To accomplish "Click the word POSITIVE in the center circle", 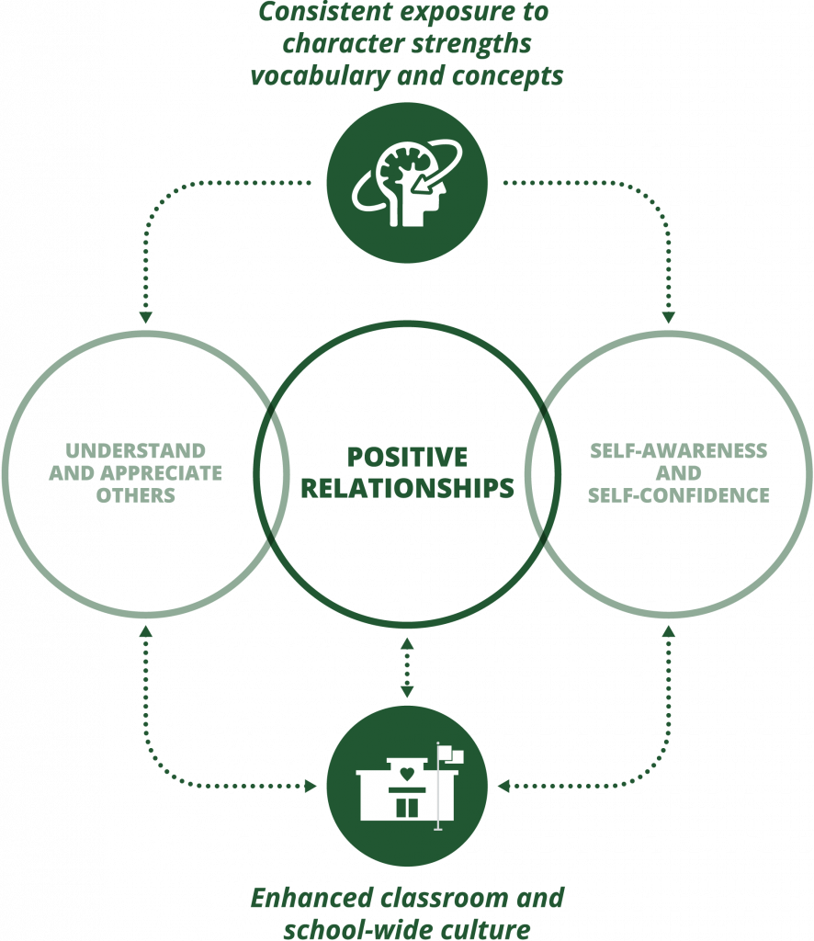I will pyautogui.click(x=407, y=457).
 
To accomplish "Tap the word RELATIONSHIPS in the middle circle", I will pyautogui.click(x=407, y=488).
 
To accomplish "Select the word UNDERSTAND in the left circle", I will pyautogui.click(x=135, y=451).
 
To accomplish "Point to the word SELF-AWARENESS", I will pyautogui.click(x=679, y=451).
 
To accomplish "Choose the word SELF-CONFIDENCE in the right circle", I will pyautogui.click(x=679, y=495).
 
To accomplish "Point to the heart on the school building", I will pyautogui.click(x=407, y=772).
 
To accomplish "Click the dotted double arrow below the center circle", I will pyautogui.click(x=407, y=667).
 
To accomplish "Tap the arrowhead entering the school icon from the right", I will pyautogui.click(x=503, y=787).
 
